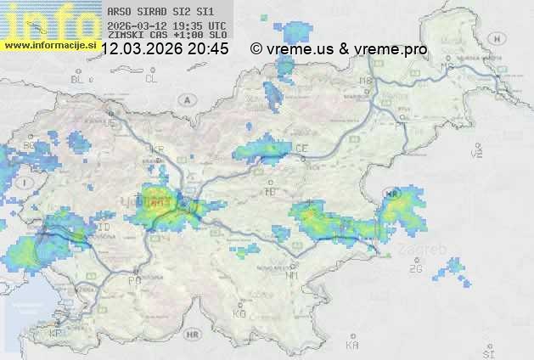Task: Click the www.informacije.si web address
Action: (x=49, y=45)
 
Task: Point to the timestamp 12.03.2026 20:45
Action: (x=165, y=49)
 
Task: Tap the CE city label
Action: (x=302, y=149)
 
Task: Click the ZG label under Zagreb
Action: (x=415, y=269)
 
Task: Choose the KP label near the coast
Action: (x=56, y=334)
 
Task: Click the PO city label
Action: (x=134, y=280)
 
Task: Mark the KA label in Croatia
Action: (x=352, y=346)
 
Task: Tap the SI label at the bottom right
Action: (x=487, y=352)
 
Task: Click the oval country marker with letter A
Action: (x=185, y=99)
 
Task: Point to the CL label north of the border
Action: (x=152, y=79)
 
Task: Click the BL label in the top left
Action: (x=78, y=79)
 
